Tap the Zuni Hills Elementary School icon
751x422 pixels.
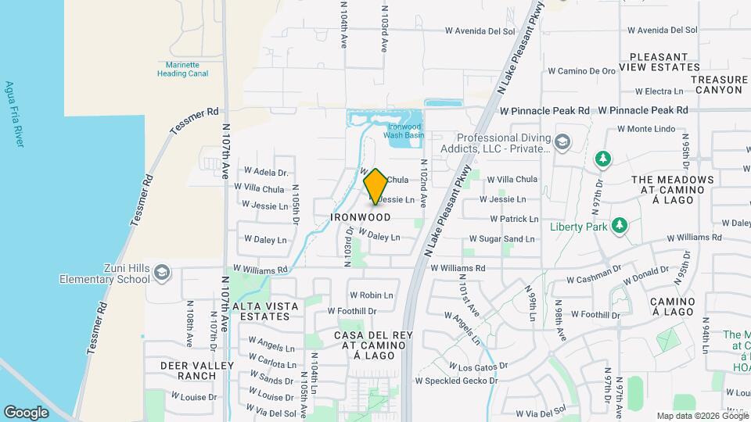click(x=162, y=273)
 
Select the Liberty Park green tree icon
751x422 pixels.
click(x=620, y=226)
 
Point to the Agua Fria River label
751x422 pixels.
click(x=13, y=114)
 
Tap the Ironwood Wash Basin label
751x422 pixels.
click(x=404, y=131)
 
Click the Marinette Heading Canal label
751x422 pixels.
click(x=182, y=69)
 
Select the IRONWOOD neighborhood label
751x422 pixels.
click(x=361, y=217)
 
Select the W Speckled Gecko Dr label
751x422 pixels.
click(x=456, y=381)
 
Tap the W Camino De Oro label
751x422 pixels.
click(x=581, y=71)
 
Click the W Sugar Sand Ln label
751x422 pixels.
click(x=501, y=239)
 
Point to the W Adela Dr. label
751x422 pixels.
click(x=266, y=172)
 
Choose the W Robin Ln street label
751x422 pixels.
click(x=371, y=295)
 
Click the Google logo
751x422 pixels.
click(x=26, y=412)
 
